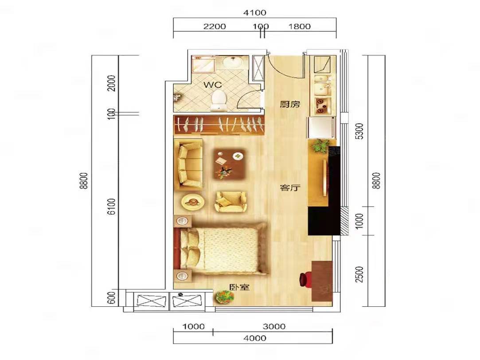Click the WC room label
(213, 85)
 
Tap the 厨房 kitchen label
(289, 104)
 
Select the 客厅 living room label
(289, 188)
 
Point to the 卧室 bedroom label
(239, 287)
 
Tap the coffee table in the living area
(229, 164)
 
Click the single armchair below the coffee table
(230, 202)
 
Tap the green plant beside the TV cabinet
(320, 146)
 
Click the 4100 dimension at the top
(255, 12)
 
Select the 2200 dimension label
(215, 26)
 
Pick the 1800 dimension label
(299, 26)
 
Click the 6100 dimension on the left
(112, 206)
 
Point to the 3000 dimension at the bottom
(274, 326)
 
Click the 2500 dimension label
(359, 274)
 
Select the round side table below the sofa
(192, 202)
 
